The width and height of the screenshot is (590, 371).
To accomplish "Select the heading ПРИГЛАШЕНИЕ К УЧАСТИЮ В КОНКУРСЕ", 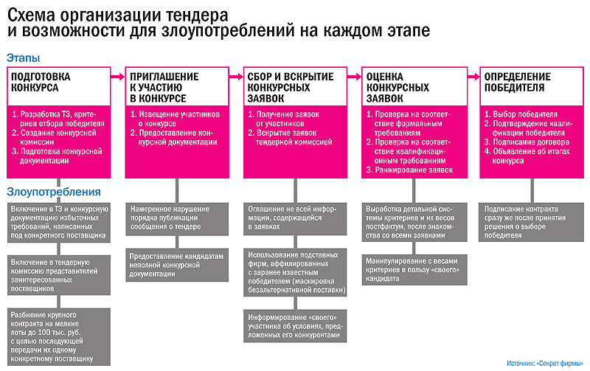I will tap(163, 86).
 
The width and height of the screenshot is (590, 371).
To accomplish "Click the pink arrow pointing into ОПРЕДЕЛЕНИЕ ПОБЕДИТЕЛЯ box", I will tap(468, 74).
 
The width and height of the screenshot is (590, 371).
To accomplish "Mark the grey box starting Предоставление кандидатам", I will tap(175, 262).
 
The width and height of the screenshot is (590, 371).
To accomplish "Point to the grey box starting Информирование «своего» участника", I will tap(293, 326).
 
